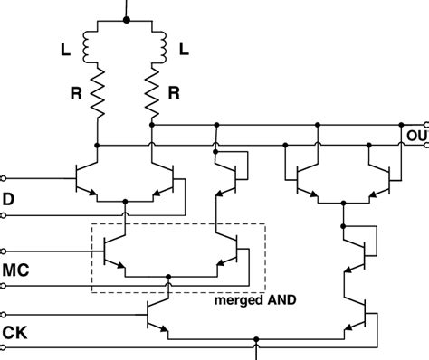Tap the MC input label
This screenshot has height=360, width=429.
(x=17, y=269)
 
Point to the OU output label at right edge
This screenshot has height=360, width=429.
(x=417, y=135)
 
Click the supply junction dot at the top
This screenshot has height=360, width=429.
(x=125, y=19)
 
